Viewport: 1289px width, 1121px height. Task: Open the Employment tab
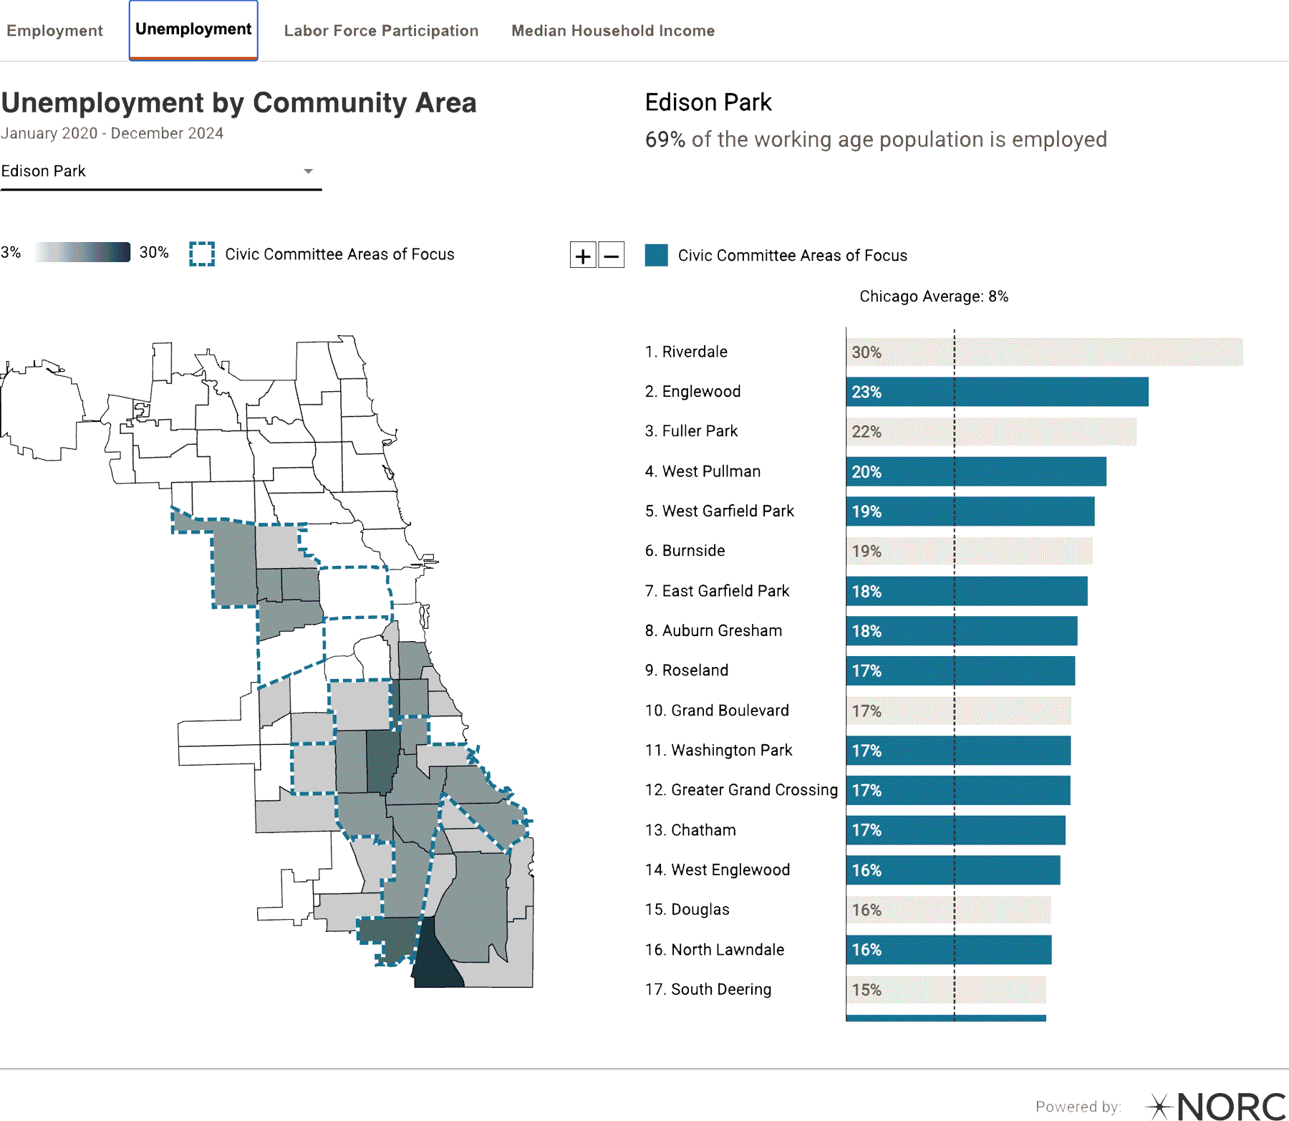(54, 31)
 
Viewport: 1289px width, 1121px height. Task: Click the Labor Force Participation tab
(381, 31)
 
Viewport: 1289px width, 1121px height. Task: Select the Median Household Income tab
(612, 31)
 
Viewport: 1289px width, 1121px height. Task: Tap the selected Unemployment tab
(193, 29)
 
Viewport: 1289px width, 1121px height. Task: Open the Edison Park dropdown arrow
(308, 171)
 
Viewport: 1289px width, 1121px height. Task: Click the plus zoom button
(583, 255)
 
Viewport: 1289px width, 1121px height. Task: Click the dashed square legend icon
(202, 254)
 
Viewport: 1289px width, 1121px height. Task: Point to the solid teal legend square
(656, 256)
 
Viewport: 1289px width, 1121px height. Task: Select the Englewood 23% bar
(997, 392)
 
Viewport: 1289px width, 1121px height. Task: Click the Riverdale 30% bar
(1044, 352)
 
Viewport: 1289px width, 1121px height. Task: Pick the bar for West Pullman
(975, 471)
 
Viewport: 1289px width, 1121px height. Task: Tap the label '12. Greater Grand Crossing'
(740, 790)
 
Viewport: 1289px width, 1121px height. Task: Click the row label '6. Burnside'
(685, 551)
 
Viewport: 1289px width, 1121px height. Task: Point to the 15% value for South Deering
(866, 990)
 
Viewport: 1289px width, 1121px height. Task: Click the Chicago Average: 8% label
(934, 297)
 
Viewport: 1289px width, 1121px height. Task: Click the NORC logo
(1217, 1106)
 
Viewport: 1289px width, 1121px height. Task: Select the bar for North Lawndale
(948, 950)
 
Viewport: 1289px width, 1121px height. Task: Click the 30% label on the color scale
(154, 252)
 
